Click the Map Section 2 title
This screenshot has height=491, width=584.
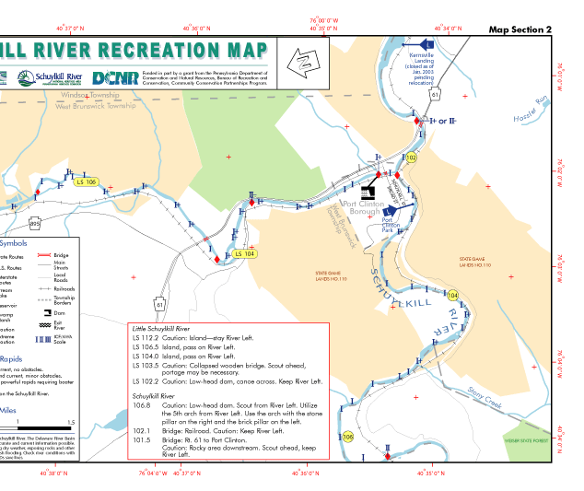tap(520, 29)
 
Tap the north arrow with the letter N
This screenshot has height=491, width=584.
tap(302, 63)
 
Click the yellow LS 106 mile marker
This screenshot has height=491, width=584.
tap(87, 181)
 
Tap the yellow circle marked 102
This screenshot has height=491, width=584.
tap(412, 158)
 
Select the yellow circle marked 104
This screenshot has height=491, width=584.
tap(452, 295)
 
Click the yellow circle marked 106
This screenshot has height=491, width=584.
tap(347, 437)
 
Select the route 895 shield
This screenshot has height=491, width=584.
tap(35, 223)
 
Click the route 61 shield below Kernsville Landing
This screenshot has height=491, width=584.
tap(435, 93)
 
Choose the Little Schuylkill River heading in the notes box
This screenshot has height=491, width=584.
tap(167, 328)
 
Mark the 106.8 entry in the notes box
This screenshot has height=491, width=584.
tap(142, 404)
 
